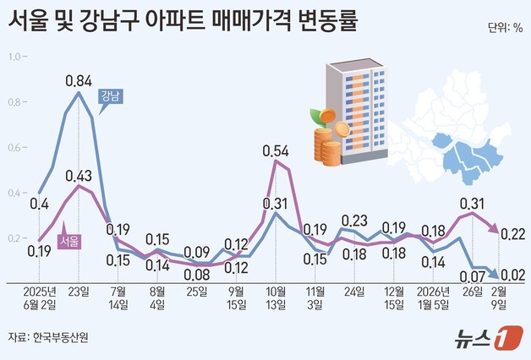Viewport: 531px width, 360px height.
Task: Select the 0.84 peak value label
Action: point(79,81)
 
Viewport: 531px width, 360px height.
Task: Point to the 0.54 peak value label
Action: point(276,152)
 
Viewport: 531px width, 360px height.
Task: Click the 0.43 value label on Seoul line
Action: point(79,176)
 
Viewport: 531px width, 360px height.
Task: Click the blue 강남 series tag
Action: point(110,95)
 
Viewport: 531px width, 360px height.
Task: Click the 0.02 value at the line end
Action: point(511,275)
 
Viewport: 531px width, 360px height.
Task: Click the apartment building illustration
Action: point(355,114)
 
